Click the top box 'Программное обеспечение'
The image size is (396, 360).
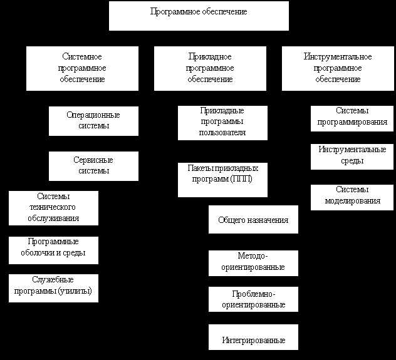(x=199, y=16)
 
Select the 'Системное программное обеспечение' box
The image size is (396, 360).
(x=82, y=68)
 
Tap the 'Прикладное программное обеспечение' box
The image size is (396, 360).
(x=210, y=68)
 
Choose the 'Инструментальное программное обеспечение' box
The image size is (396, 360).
(x=338, y=68)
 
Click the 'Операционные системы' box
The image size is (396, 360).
(x=93, y=121)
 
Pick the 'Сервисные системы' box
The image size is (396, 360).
(x=93, y=166)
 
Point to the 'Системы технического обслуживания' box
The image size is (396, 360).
(x=53, y=208)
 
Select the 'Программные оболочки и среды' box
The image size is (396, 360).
(x=53, y=250)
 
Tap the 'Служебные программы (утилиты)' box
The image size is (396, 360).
(x=53, y=289)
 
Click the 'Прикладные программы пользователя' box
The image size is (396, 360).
(x=222, y=123)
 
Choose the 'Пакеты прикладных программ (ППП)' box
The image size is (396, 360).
(x=222, y=180)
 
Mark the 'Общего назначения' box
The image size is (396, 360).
(x=253, y=220)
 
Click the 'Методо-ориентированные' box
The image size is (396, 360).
(x=253, y=263)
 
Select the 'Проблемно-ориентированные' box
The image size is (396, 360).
(x=253, y=299)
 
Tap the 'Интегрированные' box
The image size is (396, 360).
(x=253, y=337)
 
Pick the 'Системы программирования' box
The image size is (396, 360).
(x=352, y=118)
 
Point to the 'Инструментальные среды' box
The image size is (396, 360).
(x=352, y=157)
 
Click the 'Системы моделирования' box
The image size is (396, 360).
(x=352, y=198)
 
